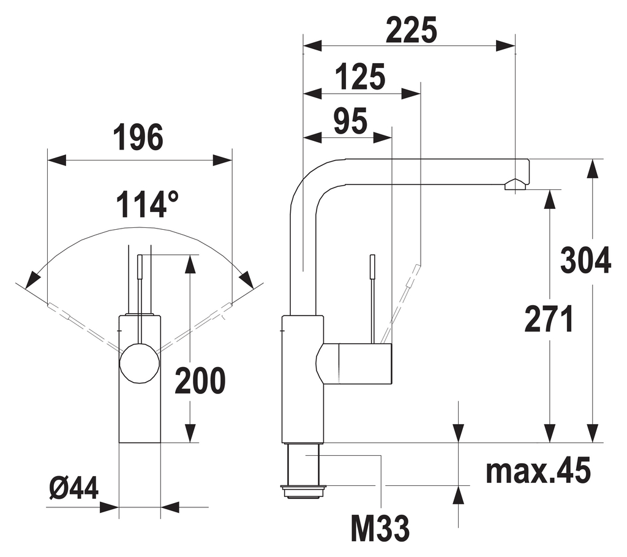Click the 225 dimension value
412,31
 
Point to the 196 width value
138,137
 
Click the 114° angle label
148,204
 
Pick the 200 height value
200,381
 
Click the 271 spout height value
549,319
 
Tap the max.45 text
539,471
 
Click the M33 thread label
380,528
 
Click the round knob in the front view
140,363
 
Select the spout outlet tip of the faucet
516,185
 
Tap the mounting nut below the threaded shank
304,491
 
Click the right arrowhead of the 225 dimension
505,45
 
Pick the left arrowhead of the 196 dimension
57,160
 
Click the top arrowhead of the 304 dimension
592,169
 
